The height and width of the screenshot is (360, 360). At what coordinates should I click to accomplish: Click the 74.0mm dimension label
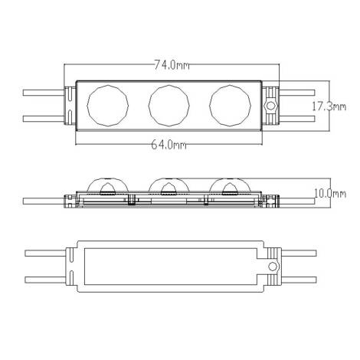pos(173,66)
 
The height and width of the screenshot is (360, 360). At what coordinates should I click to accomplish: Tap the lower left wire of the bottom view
pos(46,278)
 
